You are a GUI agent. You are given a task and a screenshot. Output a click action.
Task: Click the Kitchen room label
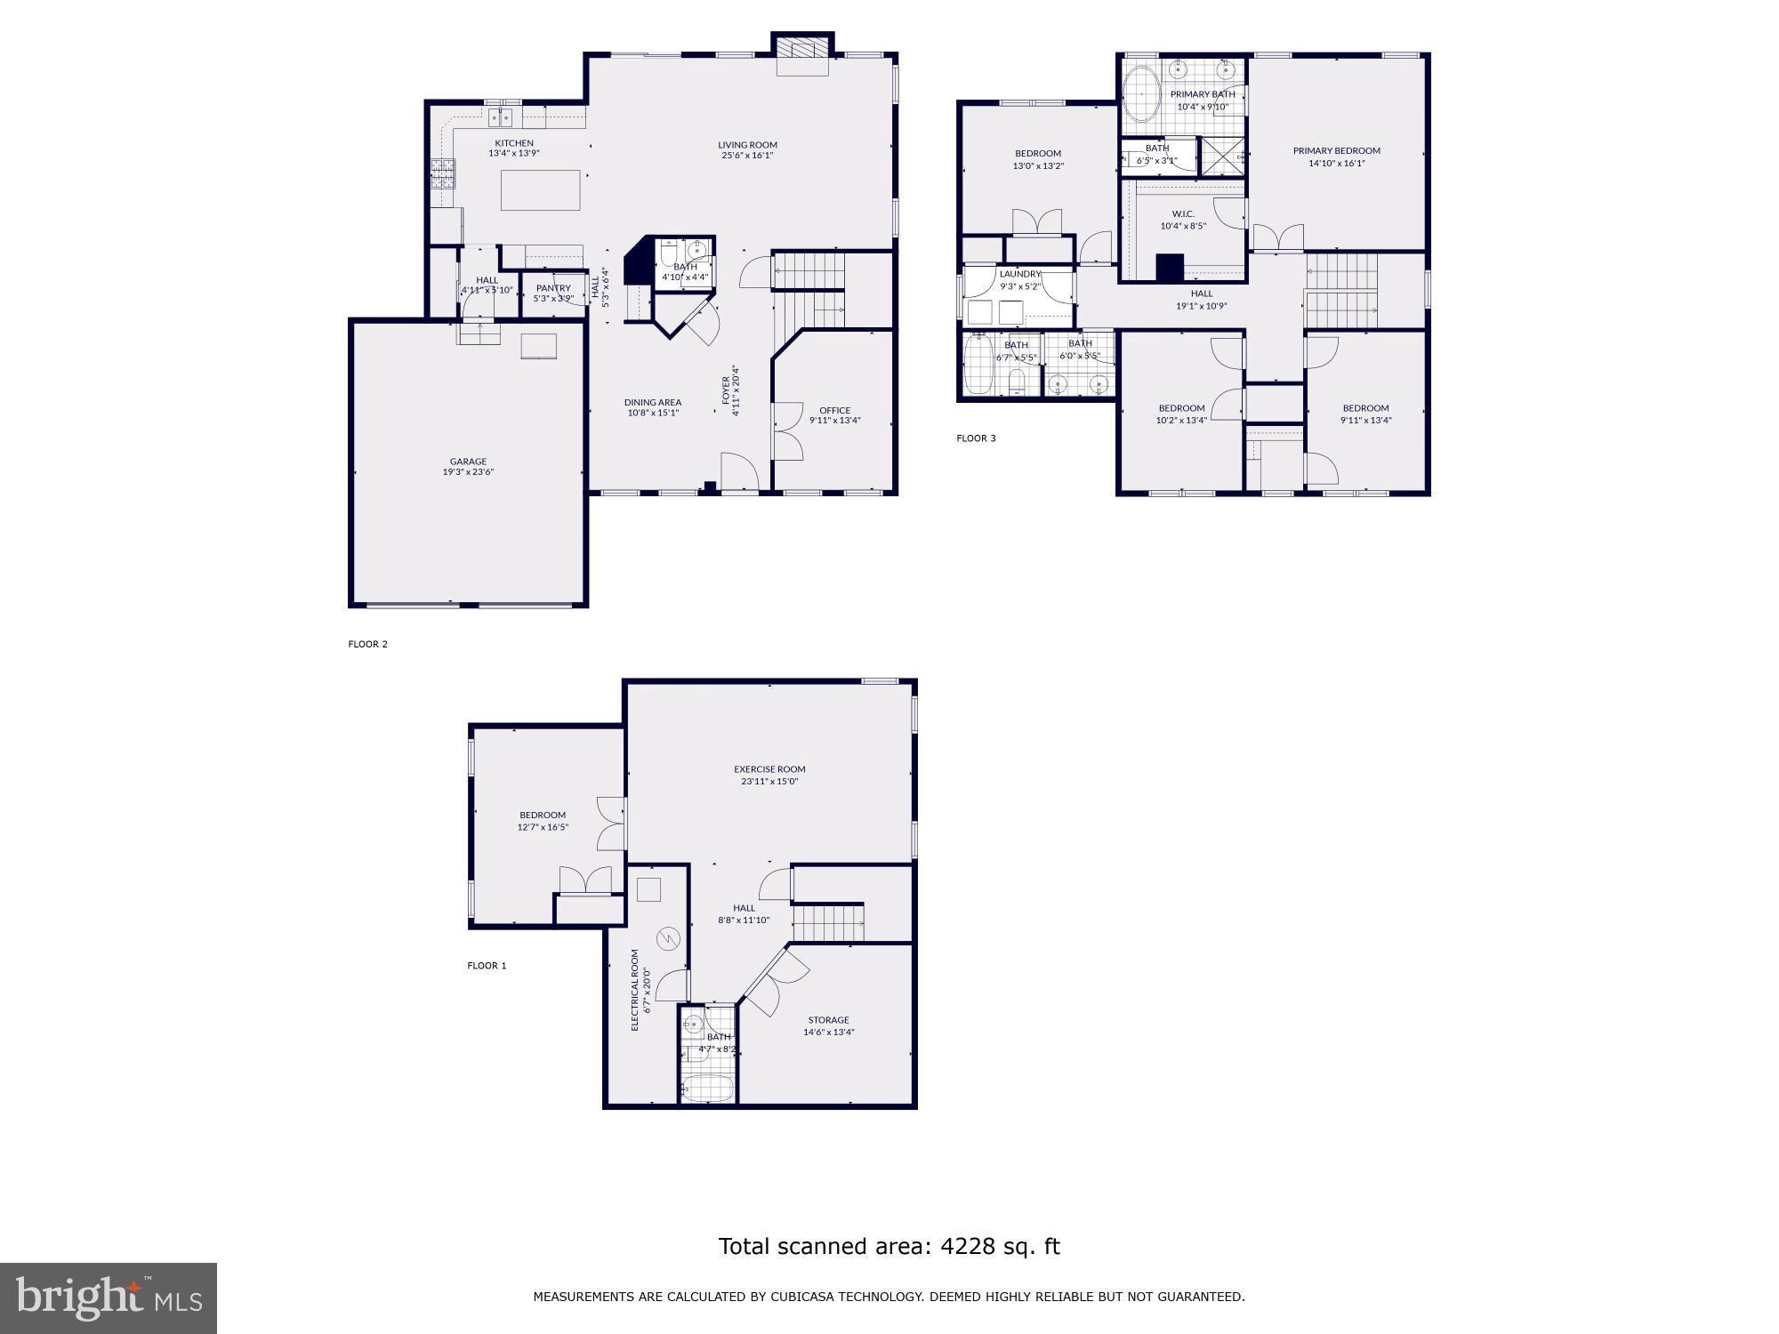click(x=514, y=143)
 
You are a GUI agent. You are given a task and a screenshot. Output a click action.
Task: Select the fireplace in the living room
click(x=802, y=54)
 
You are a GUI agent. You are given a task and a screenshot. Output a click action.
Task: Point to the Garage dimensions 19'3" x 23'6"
click(x=468, y=472)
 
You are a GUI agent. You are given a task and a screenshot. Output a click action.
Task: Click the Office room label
click(x=834, y=410)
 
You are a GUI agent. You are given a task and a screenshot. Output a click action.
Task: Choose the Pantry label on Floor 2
click(x=552, y=288)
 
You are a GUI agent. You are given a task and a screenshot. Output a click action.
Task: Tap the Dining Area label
click(x=652, y=402)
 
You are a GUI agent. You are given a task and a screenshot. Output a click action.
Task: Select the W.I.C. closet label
click(x=1183, y=213)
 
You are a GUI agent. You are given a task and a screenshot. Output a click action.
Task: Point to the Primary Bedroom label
click(x=1336, y=150)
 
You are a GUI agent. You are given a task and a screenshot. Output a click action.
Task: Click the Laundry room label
click(x=1019, y=274)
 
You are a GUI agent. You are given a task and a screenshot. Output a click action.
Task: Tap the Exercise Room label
click(x=769, y=769)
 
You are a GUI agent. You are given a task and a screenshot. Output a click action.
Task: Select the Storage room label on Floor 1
click(x=828, y=1020)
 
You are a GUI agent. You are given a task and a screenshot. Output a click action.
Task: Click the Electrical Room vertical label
click(x=635, y=990)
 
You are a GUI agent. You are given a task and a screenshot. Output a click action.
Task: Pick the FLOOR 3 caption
click(x=976, y=438)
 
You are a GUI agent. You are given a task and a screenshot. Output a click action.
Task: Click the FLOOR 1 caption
click(x=487, y=965)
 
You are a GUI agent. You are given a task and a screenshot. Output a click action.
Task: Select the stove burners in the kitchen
click(x=441, y=174)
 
